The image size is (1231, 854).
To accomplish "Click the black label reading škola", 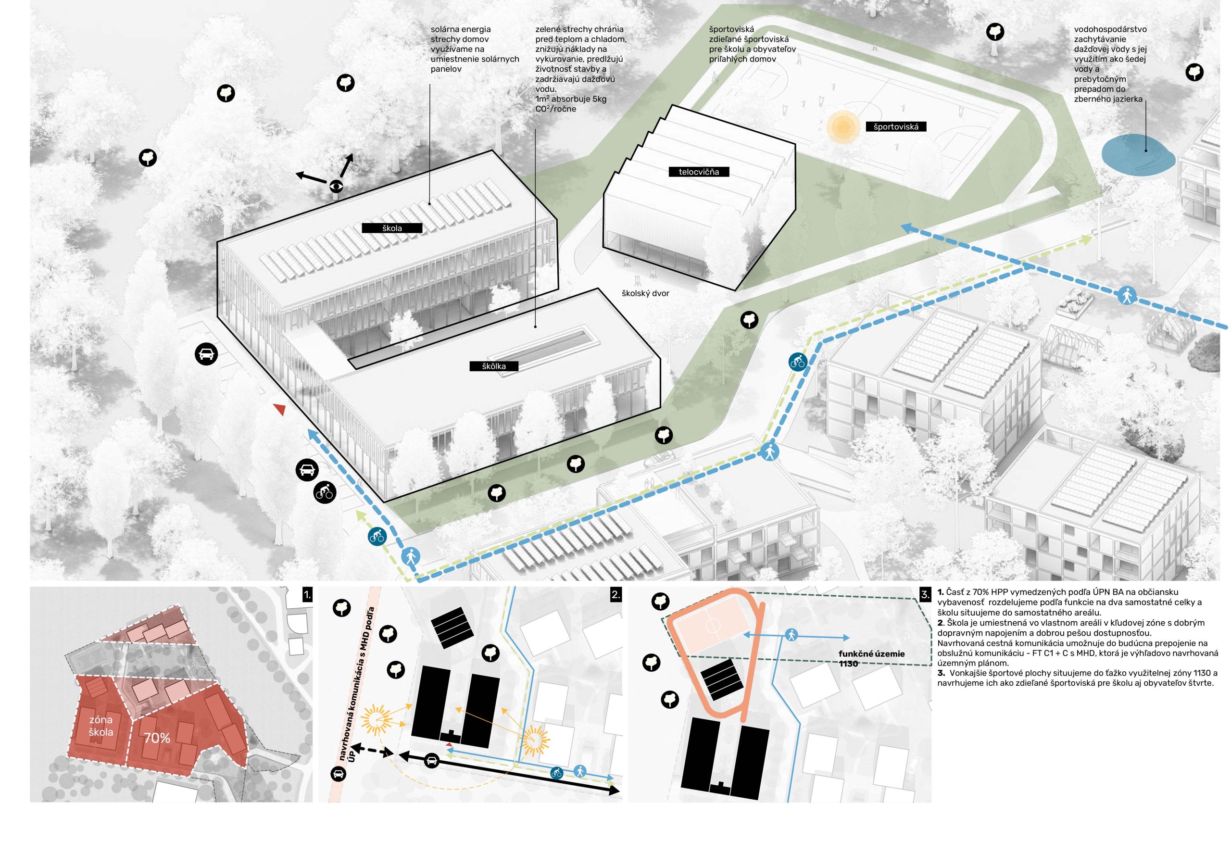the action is (x=391, y=228).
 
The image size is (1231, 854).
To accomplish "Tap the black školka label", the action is (x=493, y=366).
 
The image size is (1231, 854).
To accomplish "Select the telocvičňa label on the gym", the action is (x=698, y=172).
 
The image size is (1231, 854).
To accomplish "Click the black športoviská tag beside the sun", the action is (x=895, y=127).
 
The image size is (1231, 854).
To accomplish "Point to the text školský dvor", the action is (x=645, y=293).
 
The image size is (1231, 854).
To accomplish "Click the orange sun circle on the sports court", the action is (x=842, y=126).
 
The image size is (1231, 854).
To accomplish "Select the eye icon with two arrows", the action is (x=336, y=186).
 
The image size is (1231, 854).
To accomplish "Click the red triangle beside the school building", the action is (x=279, y=409).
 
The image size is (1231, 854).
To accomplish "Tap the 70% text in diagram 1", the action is (x=157, y=739).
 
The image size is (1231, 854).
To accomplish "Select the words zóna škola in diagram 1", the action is (x=100, y=726).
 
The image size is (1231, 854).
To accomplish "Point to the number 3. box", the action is (x=925, y=594).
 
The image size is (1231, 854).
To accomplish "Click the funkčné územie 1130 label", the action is (x=871, y=659).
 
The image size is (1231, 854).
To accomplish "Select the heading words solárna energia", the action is (x=461, y=29).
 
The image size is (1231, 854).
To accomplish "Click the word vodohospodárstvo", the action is (x=1110, y=29).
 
